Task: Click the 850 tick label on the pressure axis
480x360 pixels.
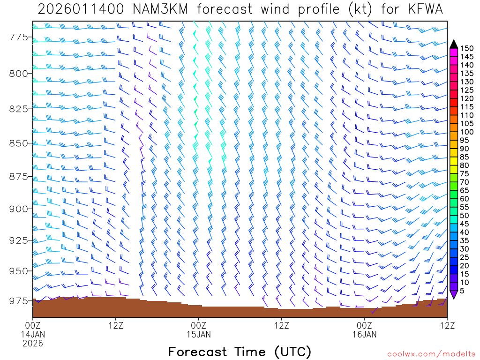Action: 19,142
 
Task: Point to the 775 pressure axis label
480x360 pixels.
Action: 19,37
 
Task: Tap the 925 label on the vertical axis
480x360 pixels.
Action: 19,240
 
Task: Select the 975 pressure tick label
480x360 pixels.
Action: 19,300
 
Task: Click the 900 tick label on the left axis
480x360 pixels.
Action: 19,208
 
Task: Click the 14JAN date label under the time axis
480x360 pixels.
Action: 33,335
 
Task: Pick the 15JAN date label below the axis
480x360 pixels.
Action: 199,335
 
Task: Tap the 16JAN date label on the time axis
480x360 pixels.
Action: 364,335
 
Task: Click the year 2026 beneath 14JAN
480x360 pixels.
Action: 33,344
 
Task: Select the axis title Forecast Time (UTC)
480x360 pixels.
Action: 240,352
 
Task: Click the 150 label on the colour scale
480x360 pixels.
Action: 467,48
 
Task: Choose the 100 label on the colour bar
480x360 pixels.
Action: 467,132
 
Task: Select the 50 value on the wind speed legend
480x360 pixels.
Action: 465,216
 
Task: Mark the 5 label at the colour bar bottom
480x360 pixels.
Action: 463,291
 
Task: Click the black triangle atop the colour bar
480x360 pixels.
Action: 453,44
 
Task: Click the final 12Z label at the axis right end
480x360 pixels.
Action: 447,324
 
